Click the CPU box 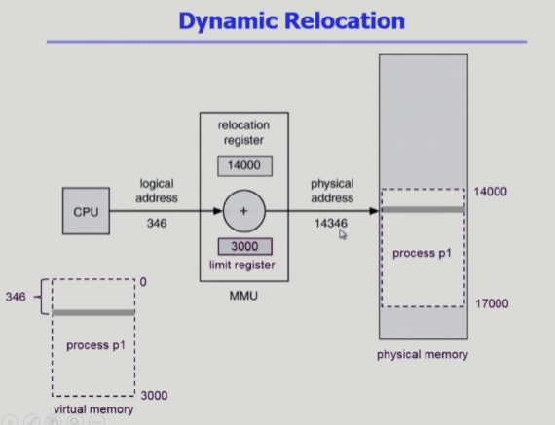[86, 211]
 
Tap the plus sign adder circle [243, 211]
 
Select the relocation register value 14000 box [244, 165]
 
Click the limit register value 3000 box [245, 246]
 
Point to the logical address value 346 [157, 223]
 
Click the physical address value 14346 [331, 223]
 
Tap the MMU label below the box [243, 296]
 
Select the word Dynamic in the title [228, 21]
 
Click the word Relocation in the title [345, 20]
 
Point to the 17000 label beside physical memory [492, 303]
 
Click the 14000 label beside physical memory [490, 192]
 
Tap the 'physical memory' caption [423, 354]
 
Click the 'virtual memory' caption [93, 409]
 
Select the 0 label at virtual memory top [143, 282]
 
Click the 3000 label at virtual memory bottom [154, 395]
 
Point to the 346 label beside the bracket [16, 297]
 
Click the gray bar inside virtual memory [93, 312]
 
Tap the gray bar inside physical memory [424, 210]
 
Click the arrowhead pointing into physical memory [374, 211]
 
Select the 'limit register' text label [242, 266]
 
